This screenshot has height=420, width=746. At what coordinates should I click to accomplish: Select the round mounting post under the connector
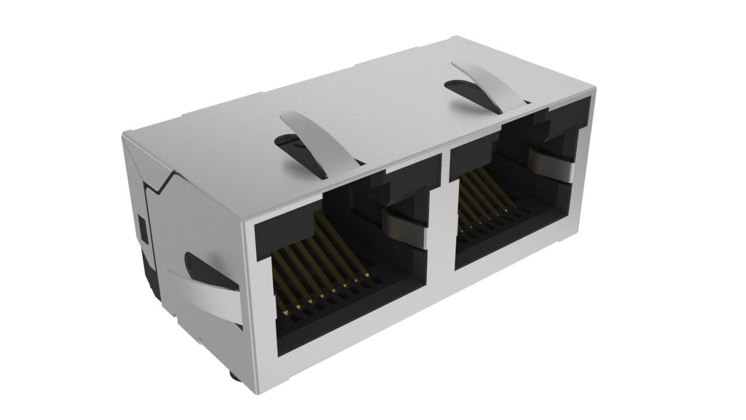pyautogui.click(x=233, y=376)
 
